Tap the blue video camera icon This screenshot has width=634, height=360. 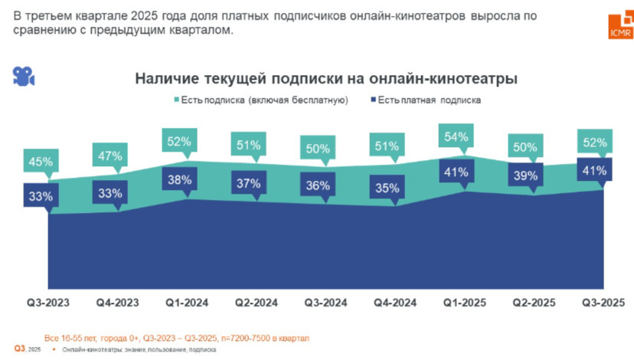[x=23, y=76]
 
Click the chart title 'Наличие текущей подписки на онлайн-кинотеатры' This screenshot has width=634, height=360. [x=326, y=79]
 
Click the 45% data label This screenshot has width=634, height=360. [x=41, y=162]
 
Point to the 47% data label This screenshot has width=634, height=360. [x=109, y=156]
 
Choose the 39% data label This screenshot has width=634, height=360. [x=525, y=176]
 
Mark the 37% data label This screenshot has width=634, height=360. [x=249, y=184]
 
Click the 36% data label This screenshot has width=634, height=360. [x=317, y=185]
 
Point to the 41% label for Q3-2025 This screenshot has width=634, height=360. [x=594, y=171]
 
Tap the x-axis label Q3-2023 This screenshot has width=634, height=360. [x=48, y=303]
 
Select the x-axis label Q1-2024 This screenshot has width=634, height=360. [x=187, y=303]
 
